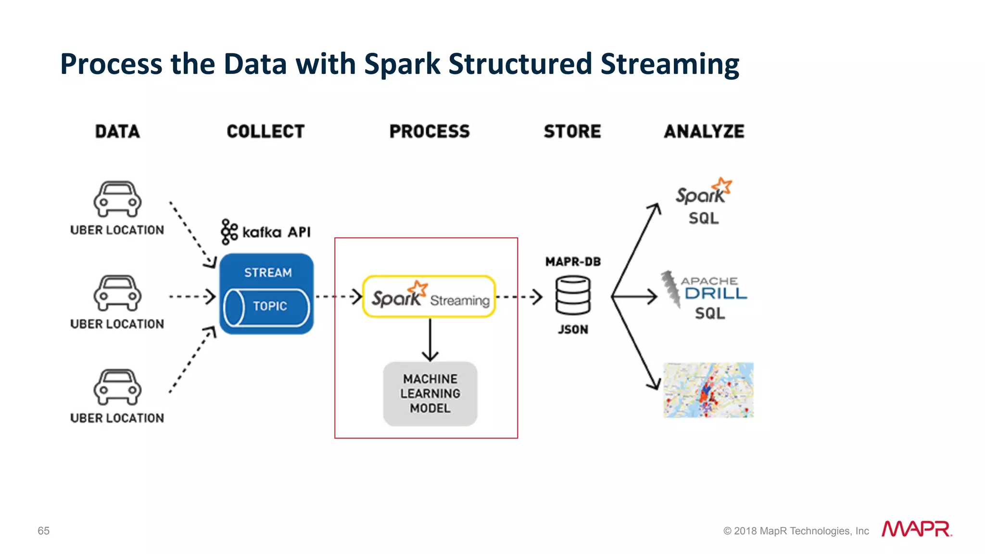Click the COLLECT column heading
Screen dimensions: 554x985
click(265, 131)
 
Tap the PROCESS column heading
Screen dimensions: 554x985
click(429, 131)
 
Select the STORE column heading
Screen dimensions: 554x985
click(572, 131)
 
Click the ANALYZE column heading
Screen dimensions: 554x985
click(704, 131)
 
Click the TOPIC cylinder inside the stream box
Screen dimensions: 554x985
click(266, 307)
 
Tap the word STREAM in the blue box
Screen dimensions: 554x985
click(267, 272)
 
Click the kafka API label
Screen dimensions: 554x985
click(266, 232)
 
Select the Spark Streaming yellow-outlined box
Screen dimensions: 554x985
click(429, 296)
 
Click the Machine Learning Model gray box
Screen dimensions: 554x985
click(430, 394)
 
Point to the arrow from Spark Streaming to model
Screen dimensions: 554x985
click(430, 339)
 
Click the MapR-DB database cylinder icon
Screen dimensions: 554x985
click(572, 295)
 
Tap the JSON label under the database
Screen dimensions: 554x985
click(572, 330)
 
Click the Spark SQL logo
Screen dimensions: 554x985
click(703, 202)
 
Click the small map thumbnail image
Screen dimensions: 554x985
click(708, 390)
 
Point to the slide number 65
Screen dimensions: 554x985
click(43, 530)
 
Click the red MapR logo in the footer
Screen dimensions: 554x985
click(916, 529)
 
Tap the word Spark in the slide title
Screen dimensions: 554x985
click(402, 64)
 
